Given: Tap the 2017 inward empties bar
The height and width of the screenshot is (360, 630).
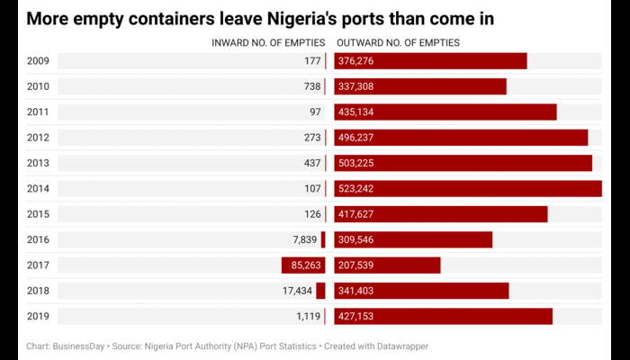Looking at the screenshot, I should pyautogui.click(x=303, y=265).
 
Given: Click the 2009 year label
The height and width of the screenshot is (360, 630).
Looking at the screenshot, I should pyautogui.click(x=40, y=61).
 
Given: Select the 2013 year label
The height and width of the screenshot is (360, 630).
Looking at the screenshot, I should pyautogui.click(x=40, y=163).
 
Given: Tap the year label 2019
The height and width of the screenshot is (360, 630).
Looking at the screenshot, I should pyautogui.click(x=40, y=316).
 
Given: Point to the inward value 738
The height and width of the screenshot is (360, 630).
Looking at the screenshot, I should pyautogui.click(x=312, y=86).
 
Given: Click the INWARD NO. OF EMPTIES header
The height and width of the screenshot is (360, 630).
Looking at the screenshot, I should pyautogui.click(x=268, y=42).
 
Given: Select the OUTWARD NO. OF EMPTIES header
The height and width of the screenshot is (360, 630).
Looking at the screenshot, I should pyautogui.click(x=398, y=42).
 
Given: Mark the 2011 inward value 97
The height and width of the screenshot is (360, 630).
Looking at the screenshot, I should pyautogui.click(x=315, y=112).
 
